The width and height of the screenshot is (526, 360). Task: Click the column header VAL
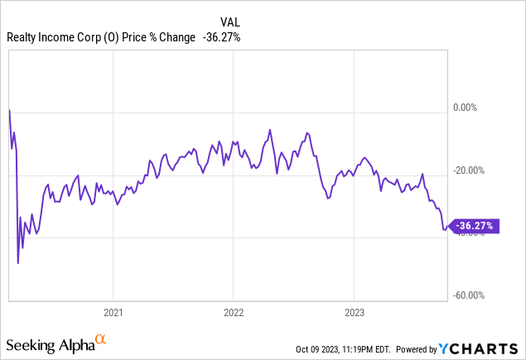click(x=229, y=22)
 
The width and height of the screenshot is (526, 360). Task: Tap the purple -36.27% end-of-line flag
click(x=475, y=225)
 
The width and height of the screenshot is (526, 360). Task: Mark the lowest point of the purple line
click(x=18, y=263)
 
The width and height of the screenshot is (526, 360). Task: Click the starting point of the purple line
click(x=9, y=108)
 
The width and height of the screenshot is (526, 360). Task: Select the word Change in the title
click(x=179, y=36)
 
